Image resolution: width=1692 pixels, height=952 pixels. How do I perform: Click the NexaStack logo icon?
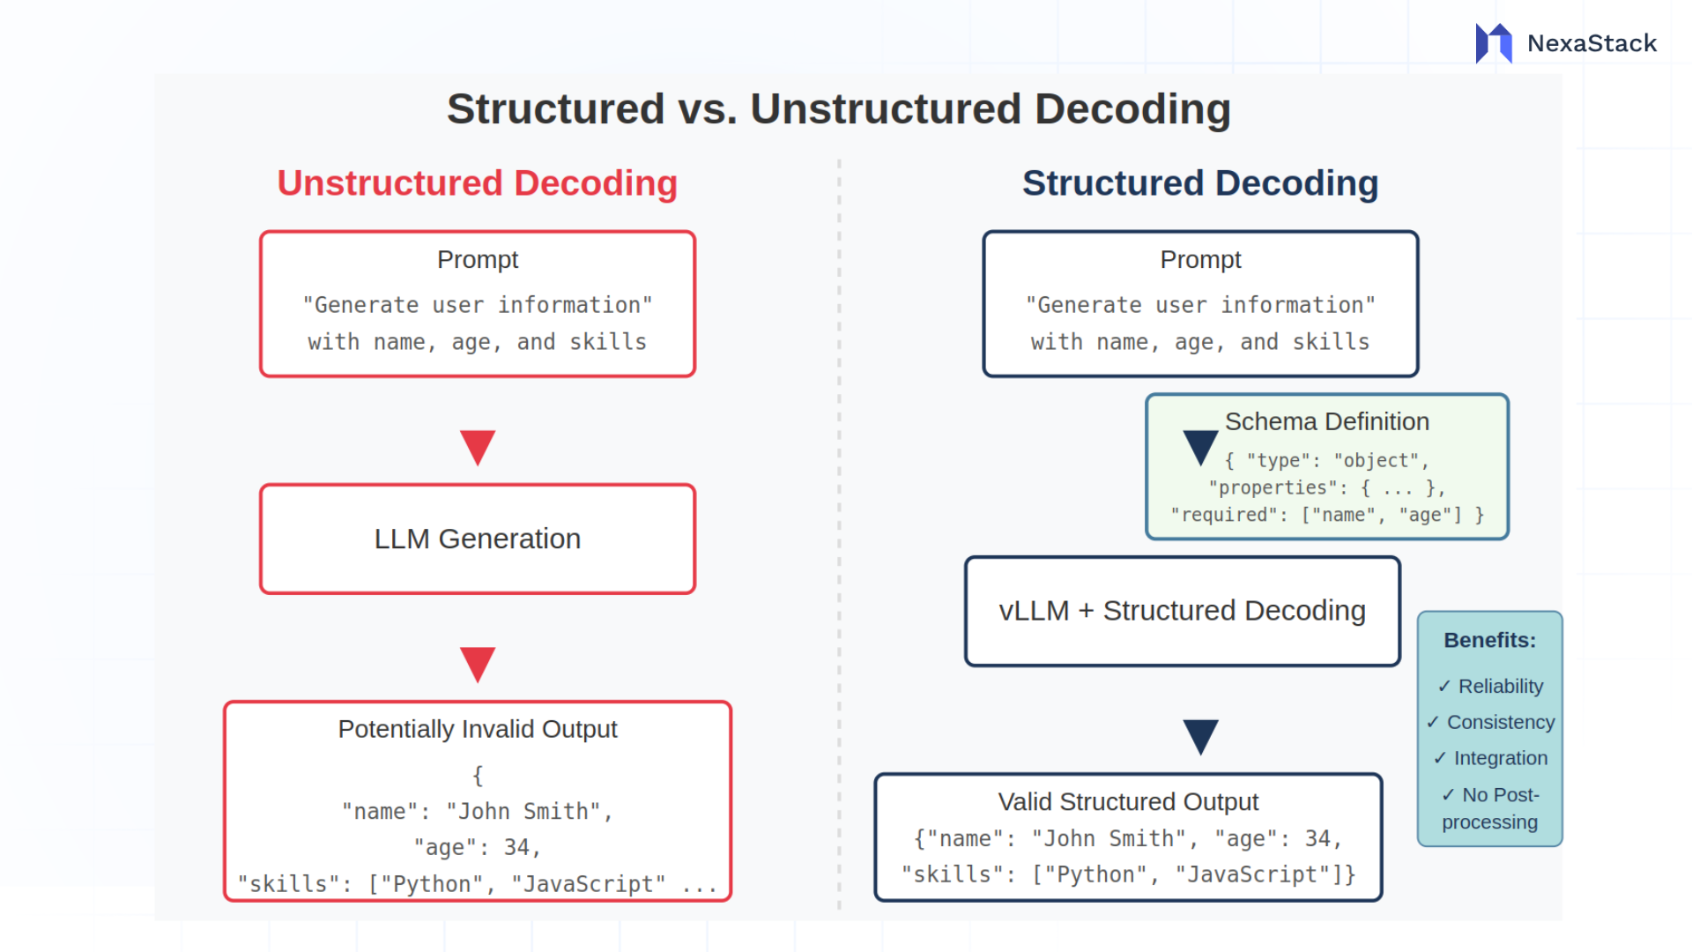click(x=1494, y=42)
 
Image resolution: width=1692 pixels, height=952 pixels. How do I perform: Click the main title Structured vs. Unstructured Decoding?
click(x=838, y=109)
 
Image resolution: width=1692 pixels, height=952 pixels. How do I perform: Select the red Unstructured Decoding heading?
click(x=477, y=183)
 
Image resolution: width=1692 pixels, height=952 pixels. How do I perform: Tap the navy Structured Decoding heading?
click(x=1199, y=183)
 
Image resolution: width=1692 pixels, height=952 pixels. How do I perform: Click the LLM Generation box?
click(x=477, y=539)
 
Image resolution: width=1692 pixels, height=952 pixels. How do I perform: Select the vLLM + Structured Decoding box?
click(x=1182, y=611)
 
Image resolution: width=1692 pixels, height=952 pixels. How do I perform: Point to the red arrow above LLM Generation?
click(x=478, y=446)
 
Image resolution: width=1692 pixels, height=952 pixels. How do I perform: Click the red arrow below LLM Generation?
click(x=478, y=663)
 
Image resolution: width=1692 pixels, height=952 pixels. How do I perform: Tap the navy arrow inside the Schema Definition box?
click(x=1199, y=446)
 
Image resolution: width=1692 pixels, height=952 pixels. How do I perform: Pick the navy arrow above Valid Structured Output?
click(x=1200, y=735)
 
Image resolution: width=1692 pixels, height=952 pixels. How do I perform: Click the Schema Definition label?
click(x=1326, y=421)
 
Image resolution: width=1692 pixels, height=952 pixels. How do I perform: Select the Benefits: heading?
click(x=1489, y=640)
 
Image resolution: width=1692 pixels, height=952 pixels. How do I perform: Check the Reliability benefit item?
click(x=1490, y=686)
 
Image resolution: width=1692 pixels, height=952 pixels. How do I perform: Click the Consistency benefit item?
click(x=1490, y=722)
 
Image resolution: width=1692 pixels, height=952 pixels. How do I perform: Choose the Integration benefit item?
click(x=1490, y=758)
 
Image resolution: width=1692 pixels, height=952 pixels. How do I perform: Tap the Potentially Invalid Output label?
click(x=477, y=729)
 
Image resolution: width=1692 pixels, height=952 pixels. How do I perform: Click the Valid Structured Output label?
click(x=1127, y=801)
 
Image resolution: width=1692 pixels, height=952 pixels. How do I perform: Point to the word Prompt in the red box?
click(x=477, y=259)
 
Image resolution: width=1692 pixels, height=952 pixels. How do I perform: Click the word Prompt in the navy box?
click(x=1199, y=259)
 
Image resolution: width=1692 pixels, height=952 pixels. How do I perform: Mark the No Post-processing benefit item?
click(x=1490, y=807)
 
